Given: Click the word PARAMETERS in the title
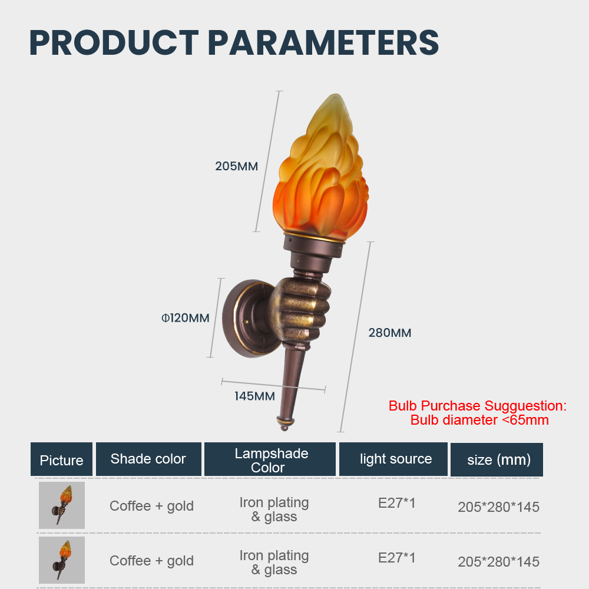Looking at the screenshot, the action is click(x=323, y=42).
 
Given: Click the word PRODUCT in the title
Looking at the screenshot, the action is click(x=114, y=42).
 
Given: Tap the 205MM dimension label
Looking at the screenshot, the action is click(x=236, y=166).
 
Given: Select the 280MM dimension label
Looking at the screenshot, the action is click(x=389, y=333).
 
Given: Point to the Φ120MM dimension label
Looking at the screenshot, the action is click(x=185, y=318).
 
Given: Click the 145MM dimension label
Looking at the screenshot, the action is click(x=254, y=396).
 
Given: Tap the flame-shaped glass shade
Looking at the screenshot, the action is click(x=320, y=167).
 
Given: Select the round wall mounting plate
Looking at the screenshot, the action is click(x=248, y=318).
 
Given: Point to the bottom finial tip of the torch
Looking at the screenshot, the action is click(x=284, y=428).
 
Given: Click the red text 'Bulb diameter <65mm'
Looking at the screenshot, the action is click(x=479, y=420).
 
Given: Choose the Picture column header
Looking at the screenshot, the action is click(x=62, y=459).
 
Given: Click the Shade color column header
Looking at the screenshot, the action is click(x=148, y=459).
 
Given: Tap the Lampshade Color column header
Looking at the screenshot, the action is click(x=270, y=459).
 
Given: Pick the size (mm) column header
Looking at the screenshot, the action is click(x=497, y=459).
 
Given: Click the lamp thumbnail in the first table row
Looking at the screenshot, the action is click(x=62, y=505).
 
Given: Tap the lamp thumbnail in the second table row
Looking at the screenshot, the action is click(x=62, y=560).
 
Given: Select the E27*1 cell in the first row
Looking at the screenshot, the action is click(x=396, y=503).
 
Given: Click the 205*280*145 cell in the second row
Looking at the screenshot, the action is click(x=498, y=562).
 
